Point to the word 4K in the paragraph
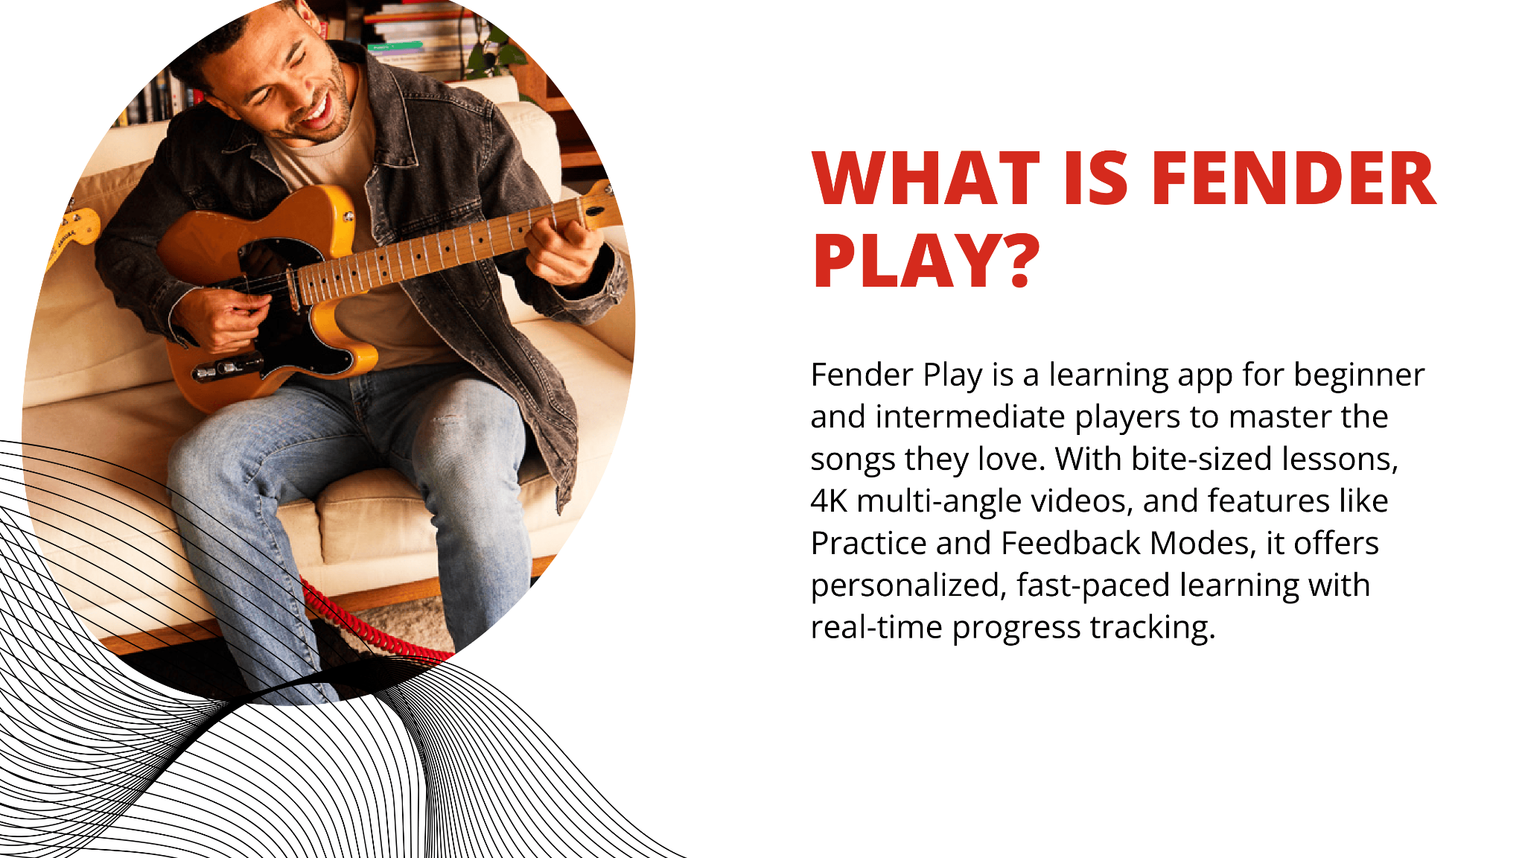[x=829, y=501]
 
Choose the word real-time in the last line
[x=877, y=628]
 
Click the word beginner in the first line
[x=1359, y=375]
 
